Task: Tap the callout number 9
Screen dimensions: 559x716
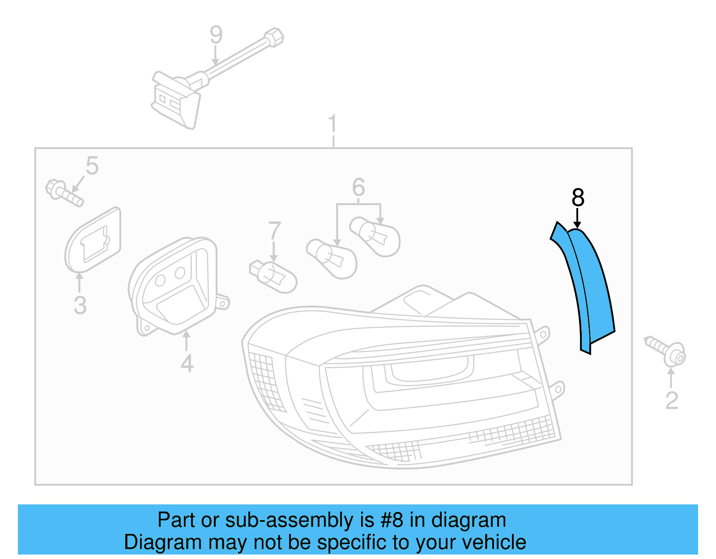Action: [x=216, y=35]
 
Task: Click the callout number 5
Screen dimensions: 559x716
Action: [x=92, y=166]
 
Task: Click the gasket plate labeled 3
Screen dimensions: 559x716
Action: [x=94, y=241]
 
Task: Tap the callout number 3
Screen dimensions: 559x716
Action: [x=80, y=305]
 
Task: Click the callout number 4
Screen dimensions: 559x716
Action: [x=187, y=363]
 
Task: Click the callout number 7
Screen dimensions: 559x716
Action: [x=274, y=231]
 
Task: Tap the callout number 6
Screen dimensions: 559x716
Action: [x=358, y=188]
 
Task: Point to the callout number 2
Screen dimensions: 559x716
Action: [x=672, y=401]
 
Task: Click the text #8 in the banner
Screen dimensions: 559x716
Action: [x=392, y=521]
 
